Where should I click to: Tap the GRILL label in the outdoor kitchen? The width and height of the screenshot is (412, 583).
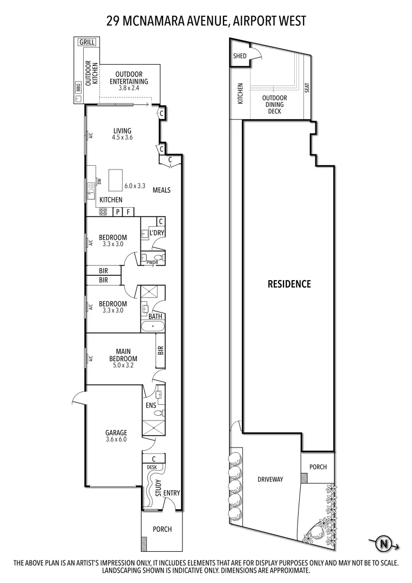pos(86,42)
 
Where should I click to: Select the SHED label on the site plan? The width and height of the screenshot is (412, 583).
pos(240,56)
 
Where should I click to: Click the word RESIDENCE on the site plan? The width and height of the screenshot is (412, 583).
pos(289,283)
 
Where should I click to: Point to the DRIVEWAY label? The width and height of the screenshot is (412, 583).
pos(270,479)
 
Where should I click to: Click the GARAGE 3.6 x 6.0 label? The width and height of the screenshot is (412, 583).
pos(116,436)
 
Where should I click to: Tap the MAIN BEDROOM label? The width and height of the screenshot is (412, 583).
pos(123,358)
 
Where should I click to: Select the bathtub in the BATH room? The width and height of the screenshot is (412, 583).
pos(153,326)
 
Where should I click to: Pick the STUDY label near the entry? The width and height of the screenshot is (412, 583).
pos(158,488)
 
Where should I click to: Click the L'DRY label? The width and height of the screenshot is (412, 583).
pos(157,233)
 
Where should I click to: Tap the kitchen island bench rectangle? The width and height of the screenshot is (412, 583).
pos(116,180)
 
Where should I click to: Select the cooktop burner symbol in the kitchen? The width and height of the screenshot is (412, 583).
pos(103,212)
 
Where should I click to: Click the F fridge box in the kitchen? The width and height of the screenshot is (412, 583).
pos(128,212)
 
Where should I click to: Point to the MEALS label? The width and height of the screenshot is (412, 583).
pos(161,190)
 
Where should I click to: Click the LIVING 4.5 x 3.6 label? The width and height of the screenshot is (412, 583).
pos(123,134)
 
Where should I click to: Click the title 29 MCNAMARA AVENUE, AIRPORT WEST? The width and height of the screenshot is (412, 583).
pos(206,21)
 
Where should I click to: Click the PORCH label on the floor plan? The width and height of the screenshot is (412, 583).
pos(162,529)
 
